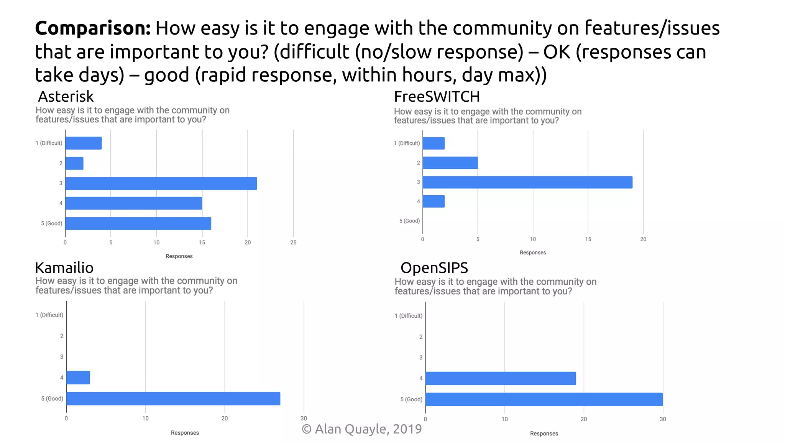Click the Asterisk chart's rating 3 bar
[x=161, y=183]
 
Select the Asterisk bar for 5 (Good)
[x=138, y=223]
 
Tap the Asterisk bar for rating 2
[x=74, y=163]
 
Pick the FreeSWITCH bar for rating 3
[x=527, y=182]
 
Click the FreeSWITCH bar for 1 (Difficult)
[x=434, y=143]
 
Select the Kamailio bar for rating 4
[x=78, y=378]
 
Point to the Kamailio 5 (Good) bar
[x=173, y=399]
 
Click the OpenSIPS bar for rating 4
[x=501, y=378]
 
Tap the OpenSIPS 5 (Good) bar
[x=544, y=399]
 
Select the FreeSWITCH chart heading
[x=437, y=97]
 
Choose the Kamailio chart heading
[x=64, y=267]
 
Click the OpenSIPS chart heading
[x=434, y=267]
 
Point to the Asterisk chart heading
[x=66, y=96]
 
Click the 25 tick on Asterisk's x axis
[x=293, y=242]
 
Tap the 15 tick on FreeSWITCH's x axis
[x=588, y=239]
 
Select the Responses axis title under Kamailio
[x=185, y=433]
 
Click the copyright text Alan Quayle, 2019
[x=361, y=429]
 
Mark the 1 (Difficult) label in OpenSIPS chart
[x=409, y=316]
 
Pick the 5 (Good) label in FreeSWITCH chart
[x=409, y=221]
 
